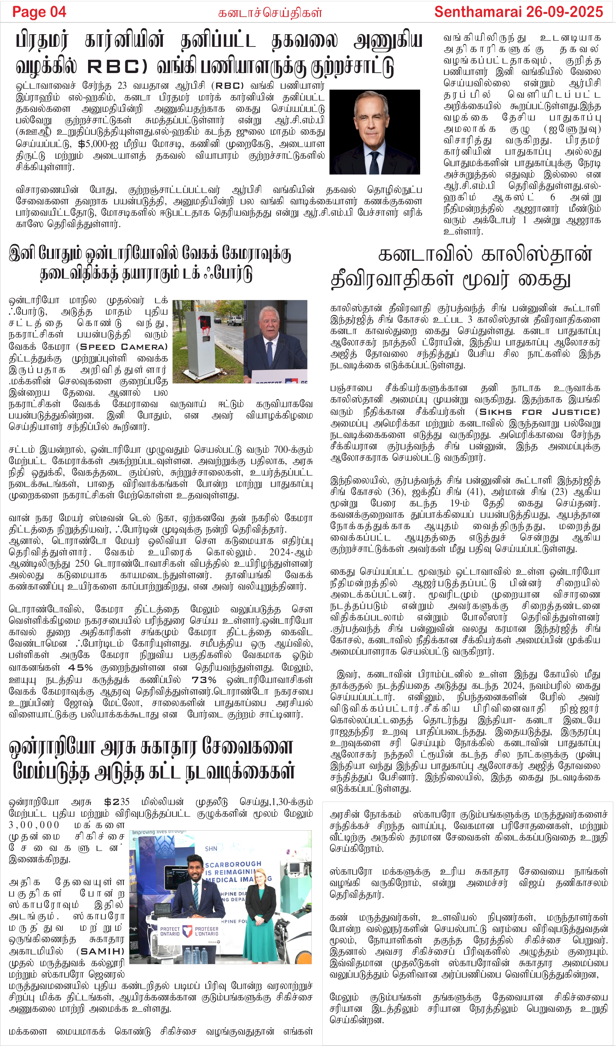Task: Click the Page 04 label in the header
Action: coord(39,12)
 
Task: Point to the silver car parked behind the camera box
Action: coord(235,321)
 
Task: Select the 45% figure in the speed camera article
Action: coord(80,667)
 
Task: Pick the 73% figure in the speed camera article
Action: coord(204,679)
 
